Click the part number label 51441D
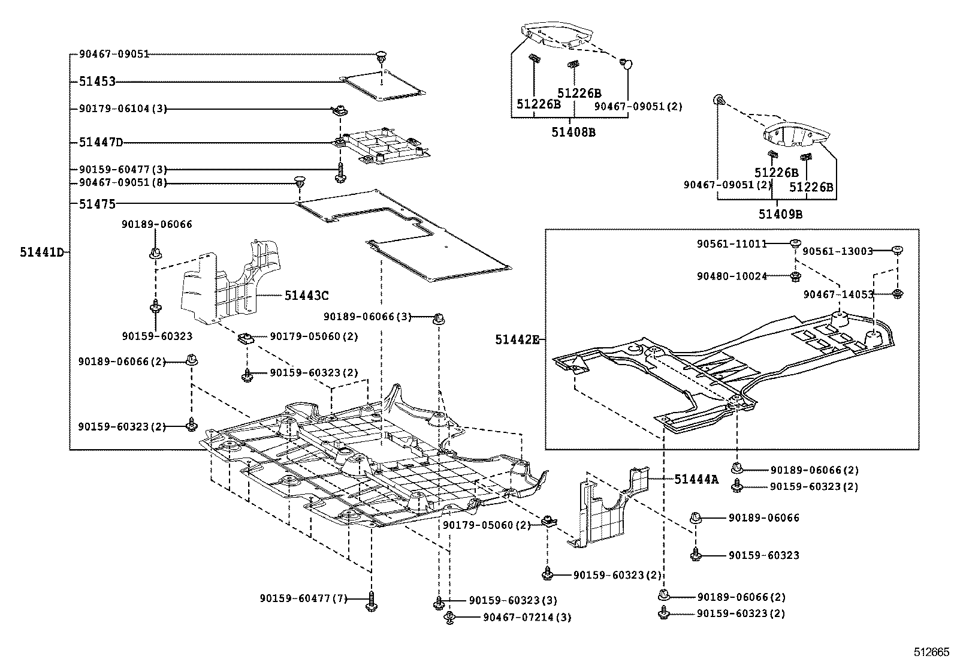pyautogui.click(x=41, y=253)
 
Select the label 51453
pyautogui.click(x=96, y=82)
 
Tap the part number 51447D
pyautogui.click(x=101, y=143)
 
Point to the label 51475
pyautogui.click(x=96, y=204)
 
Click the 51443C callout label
pyautogui.click(x=306, y=296)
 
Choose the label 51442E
pyautogui.click(x=517, y=340)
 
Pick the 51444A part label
pyautogui.click(x=696, y=479)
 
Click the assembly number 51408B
pyautogui.click(x=573, y=132)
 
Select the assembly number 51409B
pyautogui.click(x=780, y=214)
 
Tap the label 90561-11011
pyautogui.click(x=732, y=244)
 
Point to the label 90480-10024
pyautogui.click(x=732, y=276)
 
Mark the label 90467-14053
pyautogui.click(x=838, y=294)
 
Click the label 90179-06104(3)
pyautogui.click(x=123, y=109)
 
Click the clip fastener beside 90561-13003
pyautogui.click(x=898, y=249)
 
